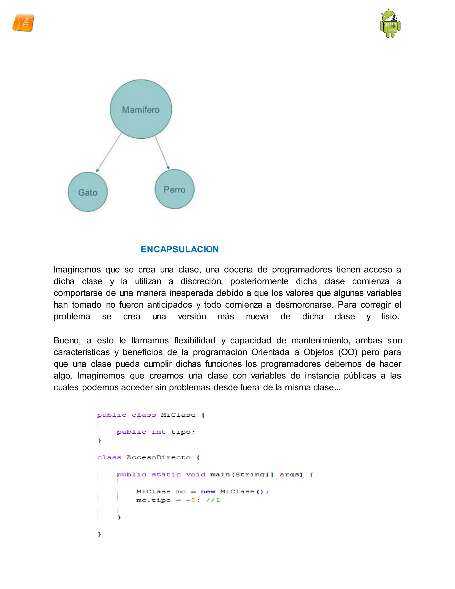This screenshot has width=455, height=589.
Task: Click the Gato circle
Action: tap(88, 192)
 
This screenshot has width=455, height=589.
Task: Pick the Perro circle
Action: tap(174, 189)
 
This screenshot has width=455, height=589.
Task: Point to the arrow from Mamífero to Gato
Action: tap(109, 152)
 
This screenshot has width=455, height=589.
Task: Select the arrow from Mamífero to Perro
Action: tap(162, 152)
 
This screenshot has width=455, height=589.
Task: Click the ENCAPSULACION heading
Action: tap(180, 249)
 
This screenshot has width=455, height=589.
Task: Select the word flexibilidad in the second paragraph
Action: tap(195, 340)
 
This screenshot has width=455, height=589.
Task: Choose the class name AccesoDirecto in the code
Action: tap(158, 458)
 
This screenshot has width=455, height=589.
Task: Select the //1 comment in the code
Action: tap(213, 500)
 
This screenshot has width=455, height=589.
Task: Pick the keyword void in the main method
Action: tap(196, 475)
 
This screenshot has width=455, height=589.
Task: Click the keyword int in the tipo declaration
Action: tap(158, 432)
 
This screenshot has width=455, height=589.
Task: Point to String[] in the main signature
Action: tap(254, 475)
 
